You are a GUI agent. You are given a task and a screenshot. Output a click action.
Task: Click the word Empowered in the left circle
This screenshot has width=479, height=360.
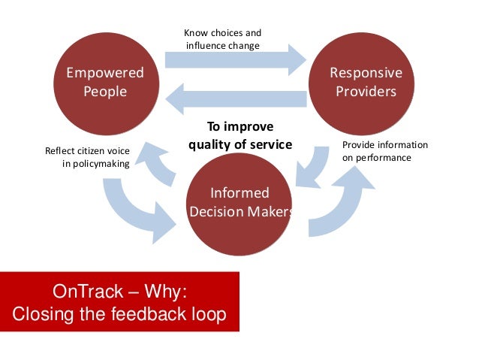(x=104, y=74)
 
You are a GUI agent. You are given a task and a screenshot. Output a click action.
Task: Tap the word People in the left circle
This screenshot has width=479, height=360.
(x=104, y=92)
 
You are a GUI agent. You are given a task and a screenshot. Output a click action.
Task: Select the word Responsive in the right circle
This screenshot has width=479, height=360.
(x=366, y=74)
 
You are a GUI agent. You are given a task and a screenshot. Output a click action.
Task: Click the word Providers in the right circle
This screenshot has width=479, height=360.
(x=366, y=92)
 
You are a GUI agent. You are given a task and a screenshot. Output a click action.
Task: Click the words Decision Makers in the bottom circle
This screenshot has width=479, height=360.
(x=240, y=212)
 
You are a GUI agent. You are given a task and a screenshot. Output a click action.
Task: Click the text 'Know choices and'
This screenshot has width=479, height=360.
(x=223, y=33)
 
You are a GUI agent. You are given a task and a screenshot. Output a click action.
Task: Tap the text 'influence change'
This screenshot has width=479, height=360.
(x=222, y=46)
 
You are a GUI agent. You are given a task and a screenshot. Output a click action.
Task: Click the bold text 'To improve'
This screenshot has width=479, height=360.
(x=239, y=126)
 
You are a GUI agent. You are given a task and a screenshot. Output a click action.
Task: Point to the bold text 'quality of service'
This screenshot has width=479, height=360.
(x=239, y=145)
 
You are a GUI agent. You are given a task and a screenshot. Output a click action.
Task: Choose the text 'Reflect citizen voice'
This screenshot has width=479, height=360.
(x=88, y=150)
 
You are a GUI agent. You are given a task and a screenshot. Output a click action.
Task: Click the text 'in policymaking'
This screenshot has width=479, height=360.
(x=95, y=163)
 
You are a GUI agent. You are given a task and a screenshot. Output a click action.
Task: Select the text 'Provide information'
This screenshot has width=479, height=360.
(x=384, y=145)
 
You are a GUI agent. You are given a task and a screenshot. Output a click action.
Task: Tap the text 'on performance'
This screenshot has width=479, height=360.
(x=376, y=158)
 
